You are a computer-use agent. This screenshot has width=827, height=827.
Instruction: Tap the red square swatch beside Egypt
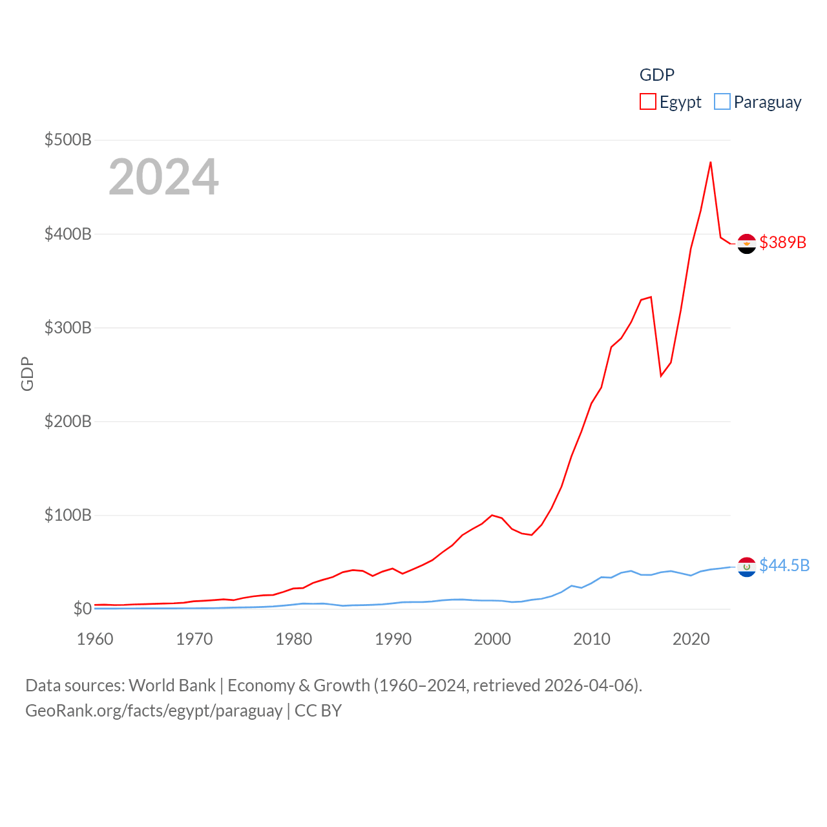click(648, 102)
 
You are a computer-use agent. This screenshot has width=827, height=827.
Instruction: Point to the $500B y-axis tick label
click(68, 140)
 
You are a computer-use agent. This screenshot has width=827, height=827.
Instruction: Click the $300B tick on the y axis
click(68, 328)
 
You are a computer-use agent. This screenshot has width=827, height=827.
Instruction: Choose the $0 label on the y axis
click(82, 609)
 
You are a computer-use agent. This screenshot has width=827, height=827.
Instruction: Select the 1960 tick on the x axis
click(95, 639)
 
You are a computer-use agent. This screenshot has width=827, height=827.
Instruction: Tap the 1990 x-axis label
click(393, 639)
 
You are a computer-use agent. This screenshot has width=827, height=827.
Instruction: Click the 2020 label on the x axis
click(691, 639)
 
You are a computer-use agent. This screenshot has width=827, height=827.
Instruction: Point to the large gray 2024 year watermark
click(163, 177)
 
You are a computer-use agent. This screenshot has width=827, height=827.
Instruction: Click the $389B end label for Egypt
click(782, 242)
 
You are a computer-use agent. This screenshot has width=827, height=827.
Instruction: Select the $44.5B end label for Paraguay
click(784, 565)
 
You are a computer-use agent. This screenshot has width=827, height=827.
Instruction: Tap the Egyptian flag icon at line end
click(747, 244)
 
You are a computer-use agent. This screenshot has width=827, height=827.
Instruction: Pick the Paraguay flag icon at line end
click(747, 567)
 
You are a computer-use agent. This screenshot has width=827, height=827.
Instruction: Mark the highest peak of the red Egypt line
click(711, 162)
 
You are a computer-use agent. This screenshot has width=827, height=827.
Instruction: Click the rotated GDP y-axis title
click(27, 374)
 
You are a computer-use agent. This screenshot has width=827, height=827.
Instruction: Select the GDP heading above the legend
click(656, 75)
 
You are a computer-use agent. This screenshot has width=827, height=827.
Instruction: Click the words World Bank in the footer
click(172, 686)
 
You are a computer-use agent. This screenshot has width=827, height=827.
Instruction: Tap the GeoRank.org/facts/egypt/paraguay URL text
click(154, 711)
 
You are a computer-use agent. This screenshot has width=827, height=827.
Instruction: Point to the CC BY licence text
click(318, 711)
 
